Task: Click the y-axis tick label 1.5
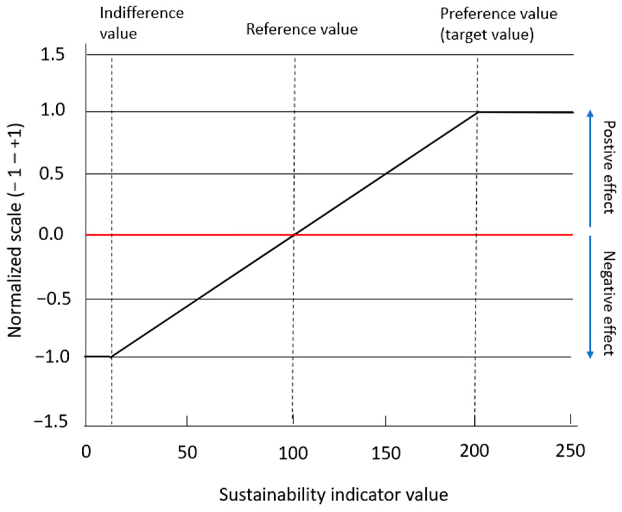pos(52,54)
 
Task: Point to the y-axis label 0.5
pos(51,173)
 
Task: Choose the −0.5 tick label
pos(53,298)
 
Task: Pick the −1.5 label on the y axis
pos(51,422)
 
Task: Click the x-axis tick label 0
pos(86,451)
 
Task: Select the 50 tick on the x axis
pos(187,452)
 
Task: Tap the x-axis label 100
pos(293,453)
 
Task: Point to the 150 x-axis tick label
pos(386,453)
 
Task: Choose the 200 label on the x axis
pos(474,451)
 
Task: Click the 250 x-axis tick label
pos(570,451)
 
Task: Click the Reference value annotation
pos(302,29)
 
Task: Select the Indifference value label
pos(142,23)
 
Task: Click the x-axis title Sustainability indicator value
pos(333,495)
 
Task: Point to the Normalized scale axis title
pos(15,230)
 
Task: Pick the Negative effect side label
pos(607,303)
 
